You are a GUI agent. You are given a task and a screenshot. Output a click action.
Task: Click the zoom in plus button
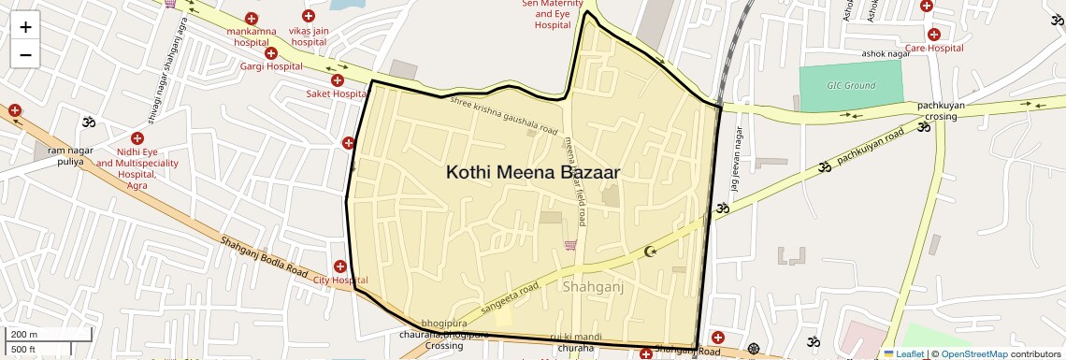click(x=25, y=26)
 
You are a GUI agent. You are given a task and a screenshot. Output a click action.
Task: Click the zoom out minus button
click(x=25, y=54)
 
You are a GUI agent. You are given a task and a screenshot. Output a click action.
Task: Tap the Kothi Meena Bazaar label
click(x=532, y=173)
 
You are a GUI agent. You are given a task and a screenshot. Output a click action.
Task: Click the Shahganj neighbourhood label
click(x=594, y=289)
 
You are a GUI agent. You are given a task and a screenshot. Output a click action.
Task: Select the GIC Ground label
click(x=851, y=86)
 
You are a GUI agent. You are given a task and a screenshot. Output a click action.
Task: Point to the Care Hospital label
click(x=932, y=48)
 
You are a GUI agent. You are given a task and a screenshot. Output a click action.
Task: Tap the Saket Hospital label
click(x=337, y=94)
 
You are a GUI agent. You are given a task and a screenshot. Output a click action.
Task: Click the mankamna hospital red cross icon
click(x=251, y=18)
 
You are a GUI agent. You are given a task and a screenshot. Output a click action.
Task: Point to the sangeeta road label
click(x=510, y=295)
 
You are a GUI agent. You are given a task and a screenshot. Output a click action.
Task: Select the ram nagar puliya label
click(x=65, y=155)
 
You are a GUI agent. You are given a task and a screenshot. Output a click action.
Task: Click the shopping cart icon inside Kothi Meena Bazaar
click(x=569, y=245)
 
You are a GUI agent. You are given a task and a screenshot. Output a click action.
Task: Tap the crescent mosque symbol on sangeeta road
click(x=652, y=252)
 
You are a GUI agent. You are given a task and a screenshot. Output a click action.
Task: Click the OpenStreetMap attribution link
click(x=973, y=354)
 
